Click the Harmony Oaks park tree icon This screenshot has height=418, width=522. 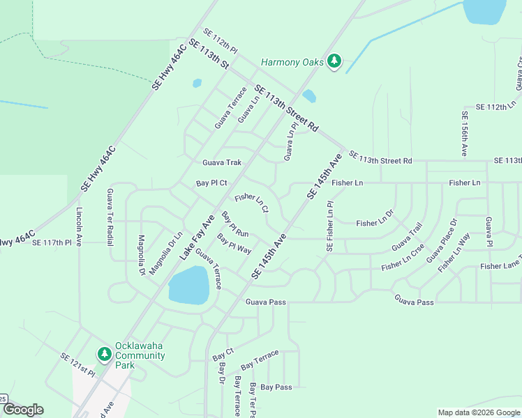[x=335, y=61]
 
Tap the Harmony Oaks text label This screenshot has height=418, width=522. [x=292, y=62]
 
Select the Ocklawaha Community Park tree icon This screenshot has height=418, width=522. [x=104, y=355]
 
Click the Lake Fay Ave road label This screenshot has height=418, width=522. [x=197, y=238]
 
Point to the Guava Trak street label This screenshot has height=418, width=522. [x=222, y=162]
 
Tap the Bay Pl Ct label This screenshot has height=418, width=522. [x=212, y=183]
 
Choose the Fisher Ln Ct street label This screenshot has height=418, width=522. [x=252, y=203]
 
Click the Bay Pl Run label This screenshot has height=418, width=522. [x=235, y=224]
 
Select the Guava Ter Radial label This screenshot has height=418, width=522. [x=110, y=217]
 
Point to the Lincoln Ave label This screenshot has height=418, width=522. [x=79, y=226]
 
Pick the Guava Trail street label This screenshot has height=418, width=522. [x=407, y=237]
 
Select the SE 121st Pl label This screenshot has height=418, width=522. [x=77, y=365]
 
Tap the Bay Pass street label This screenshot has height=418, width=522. [x=276, y=387]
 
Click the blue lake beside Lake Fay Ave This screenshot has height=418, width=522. [x=188, y=285]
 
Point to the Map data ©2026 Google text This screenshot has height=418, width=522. [x=479, y=412]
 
